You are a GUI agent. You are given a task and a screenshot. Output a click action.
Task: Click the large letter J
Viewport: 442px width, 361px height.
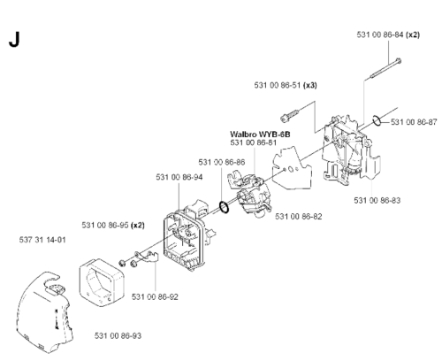(x=14, y=40)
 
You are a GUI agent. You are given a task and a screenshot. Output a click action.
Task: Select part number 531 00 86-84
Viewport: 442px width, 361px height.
(x=380, y=35)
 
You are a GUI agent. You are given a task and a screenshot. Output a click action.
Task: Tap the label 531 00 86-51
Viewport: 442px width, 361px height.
(x=278, y=85)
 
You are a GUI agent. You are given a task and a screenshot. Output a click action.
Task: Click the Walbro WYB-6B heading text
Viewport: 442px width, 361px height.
(x=260, y=134)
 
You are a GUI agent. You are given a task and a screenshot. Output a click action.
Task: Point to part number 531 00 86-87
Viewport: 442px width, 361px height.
(x=414, y=122)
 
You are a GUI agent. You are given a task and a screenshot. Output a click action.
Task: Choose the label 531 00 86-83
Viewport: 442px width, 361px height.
(x=377, y=201)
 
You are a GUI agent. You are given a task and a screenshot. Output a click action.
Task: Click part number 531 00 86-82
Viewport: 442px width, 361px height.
(x=299, y=217)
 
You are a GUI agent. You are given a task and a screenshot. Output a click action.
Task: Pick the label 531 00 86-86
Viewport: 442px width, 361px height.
(x=222, y=162)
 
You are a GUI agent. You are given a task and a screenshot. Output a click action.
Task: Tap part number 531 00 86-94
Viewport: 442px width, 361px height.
(x=179, y=177)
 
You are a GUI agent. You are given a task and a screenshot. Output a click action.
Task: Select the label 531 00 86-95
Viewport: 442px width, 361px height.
(x=105, y=226)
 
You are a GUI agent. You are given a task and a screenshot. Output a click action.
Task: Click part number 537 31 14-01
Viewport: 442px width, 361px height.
(x=42, y=240)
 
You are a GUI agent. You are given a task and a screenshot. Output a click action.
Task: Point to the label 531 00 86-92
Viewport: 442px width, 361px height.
(x=155, y=296)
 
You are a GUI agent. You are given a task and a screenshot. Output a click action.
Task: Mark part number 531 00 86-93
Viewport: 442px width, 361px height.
(x=118, y=335)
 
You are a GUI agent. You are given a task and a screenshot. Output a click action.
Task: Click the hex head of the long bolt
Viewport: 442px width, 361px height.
(x=399, y=61)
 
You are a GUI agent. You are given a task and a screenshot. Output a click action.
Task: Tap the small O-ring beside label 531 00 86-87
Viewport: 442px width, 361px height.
(x=377, y=120)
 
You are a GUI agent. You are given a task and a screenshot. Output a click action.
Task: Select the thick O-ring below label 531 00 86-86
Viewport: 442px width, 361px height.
(x=224, y=207)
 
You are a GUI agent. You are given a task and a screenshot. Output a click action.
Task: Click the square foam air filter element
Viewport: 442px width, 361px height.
(x=102, y=282)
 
